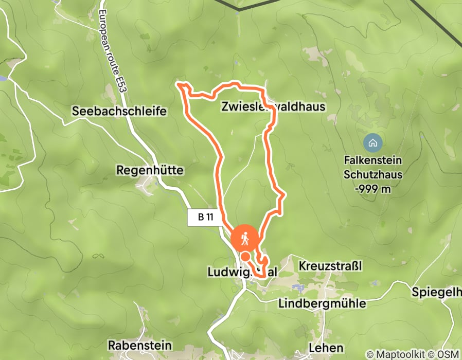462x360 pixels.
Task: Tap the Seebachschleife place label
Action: pos(120,111)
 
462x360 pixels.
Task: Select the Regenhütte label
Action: pos(150,169)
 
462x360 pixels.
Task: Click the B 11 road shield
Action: pos(205,217)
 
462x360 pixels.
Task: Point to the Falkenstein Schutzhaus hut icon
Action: pos(372,141)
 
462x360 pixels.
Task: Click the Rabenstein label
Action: pos(139,344)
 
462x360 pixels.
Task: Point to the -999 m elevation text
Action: pos(373,188)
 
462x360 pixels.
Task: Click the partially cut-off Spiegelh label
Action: pos(436,292)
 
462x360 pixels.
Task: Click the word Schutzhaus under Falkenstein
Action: pos(373,174)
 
